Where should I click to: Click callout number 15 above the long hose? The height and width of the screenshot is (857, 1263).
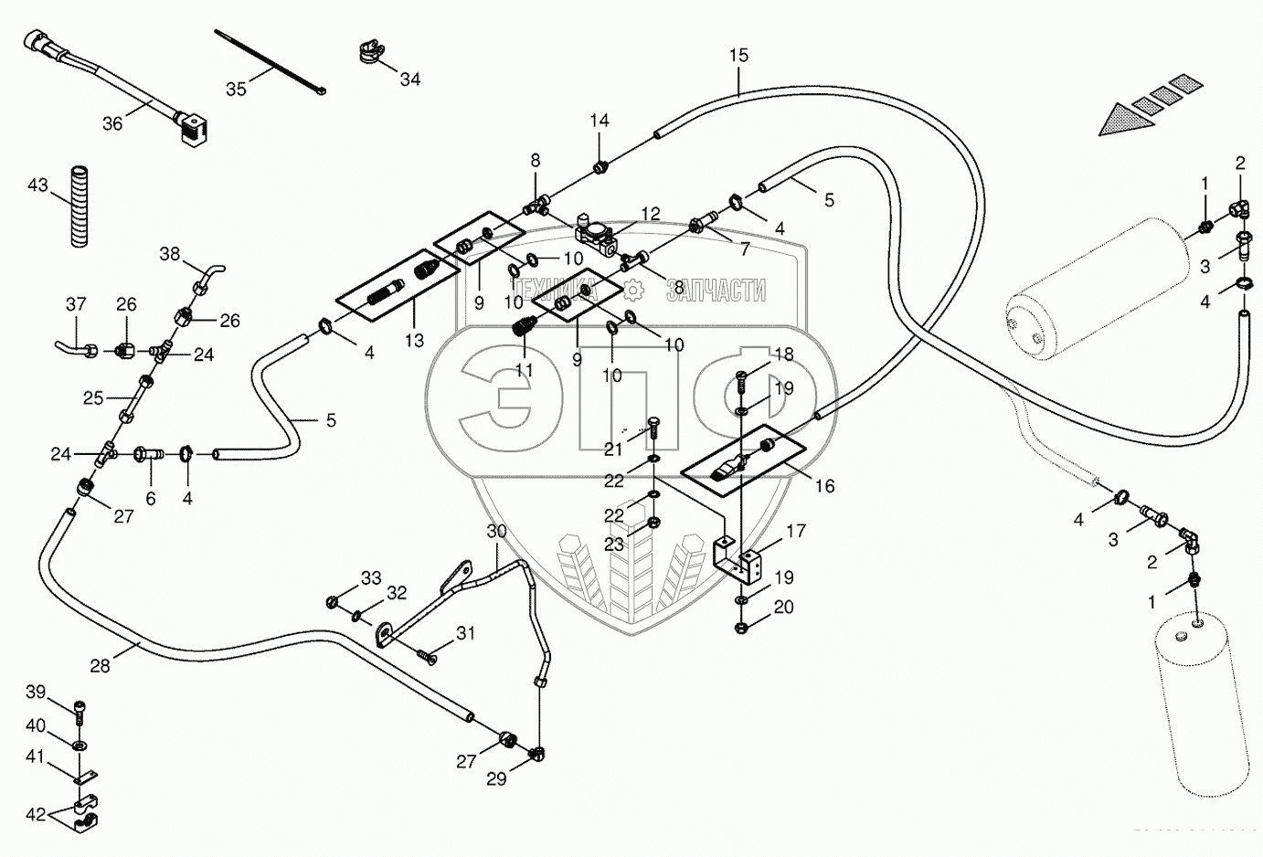[738, 56]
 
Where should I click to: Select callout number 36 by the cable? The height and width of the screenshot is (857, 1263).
[111, 123]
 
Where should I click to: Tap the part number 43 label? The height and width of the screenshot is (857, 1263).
[37, 185]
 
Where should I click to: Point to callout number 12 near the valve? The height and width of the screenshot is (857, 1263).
[650, 214]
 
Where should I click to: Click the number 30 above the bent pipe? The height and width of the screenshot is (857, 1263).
[495, 531]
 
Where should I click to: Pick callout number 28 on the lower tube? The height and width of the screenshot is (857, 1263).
[100, 667]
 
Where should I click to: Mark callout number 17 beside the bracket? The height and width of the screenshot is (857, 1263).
[795, 530]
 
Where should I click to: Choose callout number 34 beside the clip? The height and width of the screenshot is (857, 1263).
[410, 79]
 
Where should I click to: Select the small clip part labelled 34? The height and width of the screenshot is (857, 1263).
[367, 54]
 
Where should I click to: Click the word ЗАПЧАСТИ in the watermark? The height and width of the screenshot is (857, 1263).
[716, 291]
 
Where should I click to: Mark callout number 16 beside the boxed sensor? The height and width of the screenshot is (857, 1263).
[824, 486]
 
